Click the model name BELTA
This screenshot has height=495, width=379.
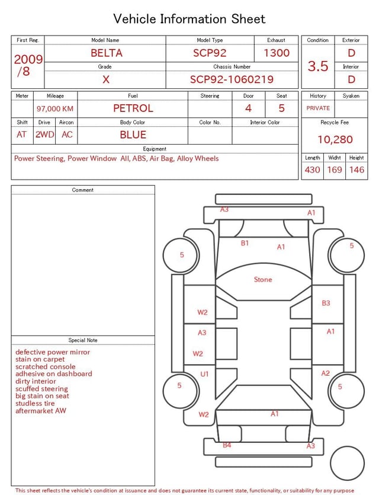click(x=106, y=53)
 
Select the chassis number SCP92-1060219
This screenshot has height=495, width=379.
click(x=232, y=79)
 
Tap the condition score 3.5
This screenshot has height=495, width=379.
click(x=318, y=66)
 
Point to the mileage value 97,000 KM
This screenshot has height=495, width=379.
click(x=55, y=108)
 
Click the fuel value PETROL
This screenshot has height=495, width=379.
click(x=133, y=108)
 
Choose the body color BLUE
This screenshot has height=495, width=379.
click(x=133, y=135)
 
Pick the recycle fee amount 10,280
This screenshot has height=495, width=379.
click(x=335, y=139)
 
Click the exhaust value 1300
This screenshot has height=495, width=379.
click(x=277, y=53)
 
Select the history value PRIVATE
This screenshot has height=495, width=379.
click(x=318, y=108)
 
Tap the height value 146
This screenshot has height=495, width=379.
click(x=356, y=170)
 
